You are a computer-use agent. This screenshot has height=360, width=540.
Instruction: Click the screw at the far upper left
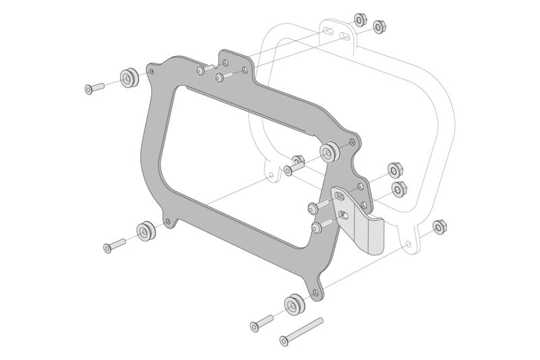coord(94,87)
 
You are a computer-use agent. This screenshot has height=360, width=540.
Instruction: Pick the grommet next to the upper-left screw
coord(128,78)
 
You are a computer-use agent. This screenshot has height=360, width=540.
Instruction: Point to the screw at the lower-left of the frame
coord(114,245)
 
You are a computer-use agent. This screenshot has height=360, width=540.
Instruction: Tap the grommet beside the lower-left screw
coord(146,232)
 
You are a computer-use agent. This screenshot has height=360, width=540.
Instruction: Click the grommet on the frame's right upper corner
coord(330,152)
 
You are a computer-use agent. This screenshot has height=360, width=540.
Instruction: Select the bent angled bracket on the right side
coord(361,220)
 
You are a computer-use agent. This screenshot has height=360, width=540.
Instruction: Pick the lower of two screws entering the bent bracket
coord(322,226)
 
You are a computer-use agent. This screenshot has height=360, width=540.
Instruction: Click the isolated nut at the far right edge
coord(439,227)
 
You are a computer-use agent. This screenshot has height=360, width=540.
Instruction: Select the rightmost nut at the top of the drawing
coord(379,27)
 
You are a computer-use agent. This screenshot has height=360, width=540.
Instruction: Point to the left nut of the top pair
coord(360,20)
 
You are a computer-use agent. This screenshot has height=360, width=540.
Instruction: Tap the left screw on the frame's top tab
coord(203,70)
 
